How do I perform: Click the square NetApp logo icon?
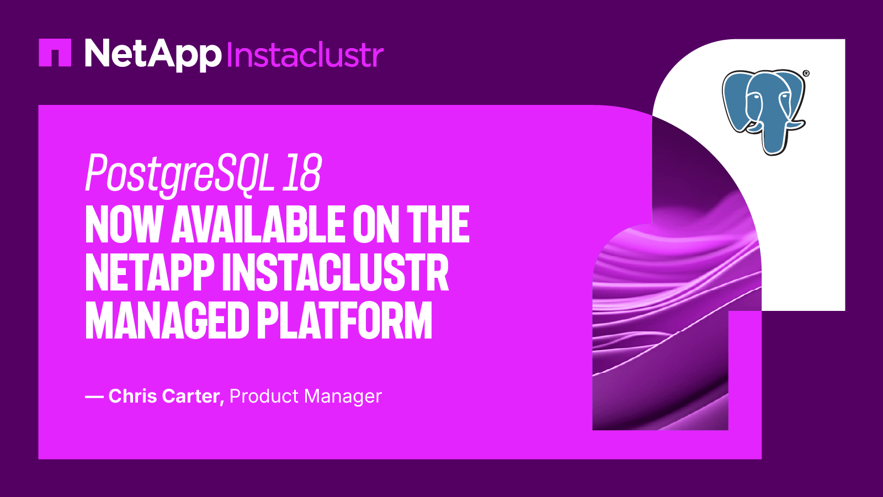click(55, 52)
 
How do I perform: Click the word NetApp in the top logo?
click(153, 54)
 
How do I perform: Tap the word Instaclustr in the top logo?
click(305, 55)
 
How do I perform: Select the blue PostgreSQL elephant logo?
click(764, 110)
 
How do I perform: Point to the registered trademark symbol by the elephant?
click(806, 73)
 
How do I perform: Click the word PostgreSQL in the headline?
click(180, 174)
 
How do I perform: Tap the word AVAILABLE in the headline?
click(259, 225)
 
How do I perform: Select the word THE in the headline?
click(438, 225)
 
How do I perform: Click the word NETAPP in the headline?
click(150, 273)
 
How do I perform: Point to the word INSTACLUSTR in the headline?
click(336, 273)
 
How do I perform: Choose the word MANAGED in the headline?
click(167, 321)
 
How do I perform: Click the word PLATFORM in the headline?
click(345, 321)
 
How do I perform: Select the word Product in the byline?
click(264, 396)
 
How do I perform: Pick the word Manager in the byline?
click(343, 396)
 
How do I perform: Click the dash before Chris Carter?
click(94, 396)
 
